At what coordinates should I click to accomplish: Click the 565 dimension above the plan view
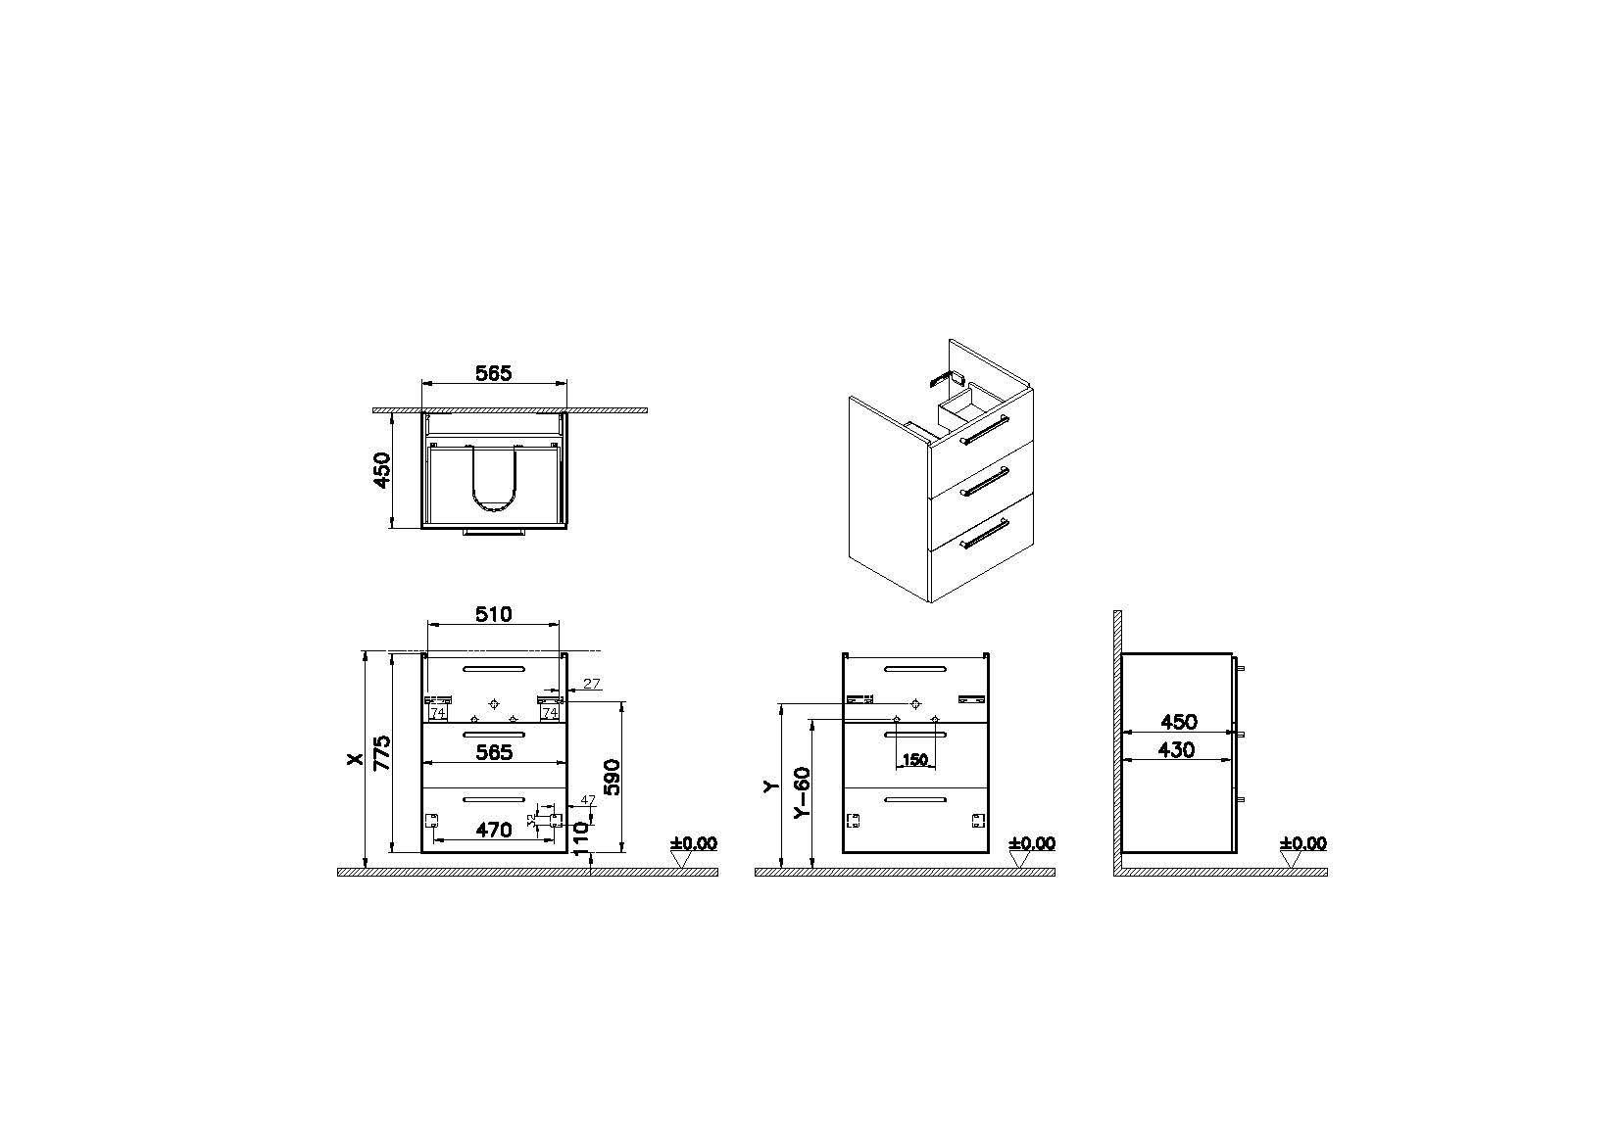tap(493, 373)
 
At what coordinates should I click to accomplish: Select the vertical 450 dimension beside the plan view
tap(382, 469)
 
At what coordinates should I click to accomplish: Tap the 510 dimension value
tap(493, 614)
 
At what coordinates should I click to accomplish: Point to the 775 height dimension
tap(382, 752)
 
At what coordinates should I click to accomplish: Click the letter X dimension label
tap(354, 759)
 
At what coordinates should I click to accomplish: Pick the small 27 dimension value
tap(592, 684)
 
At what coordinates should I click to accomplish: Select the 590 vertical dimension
tap(612, 777)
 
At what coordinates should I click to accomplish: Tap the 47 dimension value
tap(588, 799)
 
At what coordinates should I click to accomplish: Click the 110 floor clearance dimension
tap(582, 838)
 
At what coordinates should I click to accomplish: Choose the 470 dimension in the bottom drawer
tap(493, 830)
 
